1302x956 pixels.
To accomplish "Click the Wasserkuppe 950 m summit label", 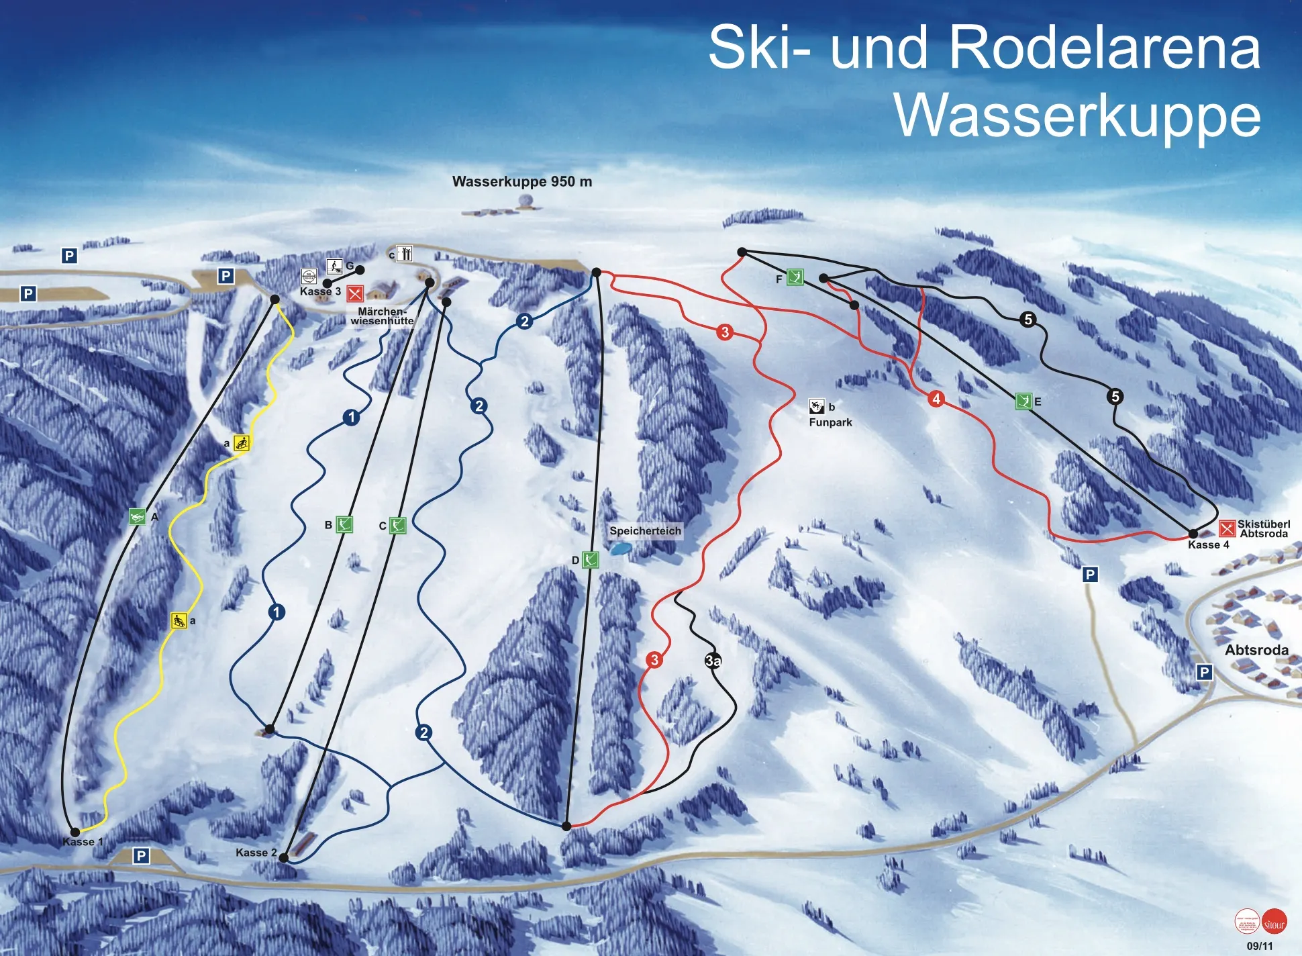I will click(x=521, y=181).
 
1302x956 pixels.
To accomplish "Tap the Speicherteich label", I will click(x=645, y=531).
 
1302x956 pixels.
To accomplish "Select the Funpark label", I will click(x=830, y=422).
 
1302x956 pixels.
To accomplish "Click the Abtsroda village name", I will click(x=1256, y=650).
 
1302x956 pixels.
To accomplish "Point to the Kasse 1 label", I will click(x=83, y=842).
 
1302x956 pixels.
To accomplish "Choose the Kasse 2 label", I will click(x=256, y=853).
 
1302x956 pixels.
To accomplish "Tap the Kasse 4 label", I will click(x=1208, y=544).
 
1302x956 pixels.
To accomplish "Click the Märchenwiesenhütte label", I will click(x=382, y=316).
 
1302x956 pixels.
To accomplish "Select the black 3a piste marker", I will click(x=713, y=661).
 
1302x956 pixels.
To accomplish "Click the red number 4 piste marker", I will click(x=936, y=399).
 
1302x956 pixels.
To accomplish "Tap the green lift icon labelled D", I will click(x=590, y=559).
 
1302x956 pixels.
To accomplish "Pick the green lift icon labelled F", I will click(x=795, y=277).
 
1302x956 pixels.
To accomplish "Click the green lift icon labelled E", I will click(x=1023, y=401).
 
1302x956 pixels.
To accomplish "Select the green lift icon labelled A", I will click(x=137, y=517).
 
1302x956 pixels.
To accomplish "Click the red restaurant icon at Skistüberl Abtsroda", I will click(x=1227, y=528).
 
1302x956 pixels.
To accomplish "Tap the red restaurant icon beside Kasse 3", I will click(x=355, y=293).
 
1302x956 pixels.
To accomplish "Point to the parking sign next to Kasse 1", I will click(x=141, y=856).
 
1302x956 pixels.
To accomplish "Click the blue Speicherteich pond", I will click(x=619, y=548).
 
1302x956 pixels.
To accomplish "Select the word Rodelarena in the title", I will click(x=1104, y=47).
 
